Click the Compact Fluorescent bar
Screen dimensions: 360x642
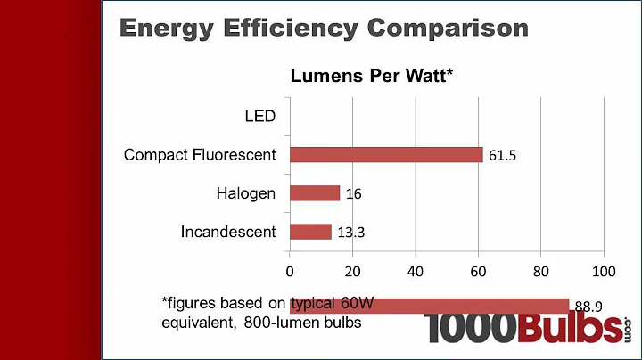tap(386, 155)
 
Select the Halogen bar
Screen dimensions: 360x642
tap(315, 193)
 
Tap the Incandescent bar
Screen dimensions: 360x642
tap(310, 232)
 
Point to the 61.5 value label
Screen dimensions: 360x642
tap(503, 156)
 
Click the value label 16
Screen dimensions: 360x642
tap(353, 194)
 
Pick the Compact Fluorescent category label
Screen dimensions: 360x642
tap(200, 155)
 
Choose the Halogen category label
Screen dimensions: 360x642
tap(246, 193)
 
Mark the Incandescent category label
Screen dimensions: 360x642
tap(228, 232)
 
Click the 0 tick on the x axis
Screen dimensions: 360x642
tap(290, 270)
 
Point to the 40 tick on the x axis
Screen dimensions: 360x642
tap(416, 270)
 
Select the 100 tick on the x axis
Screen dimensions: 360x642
tap(604, 270)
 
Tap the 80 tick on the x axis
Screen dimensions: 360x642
tap(541, 270)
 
